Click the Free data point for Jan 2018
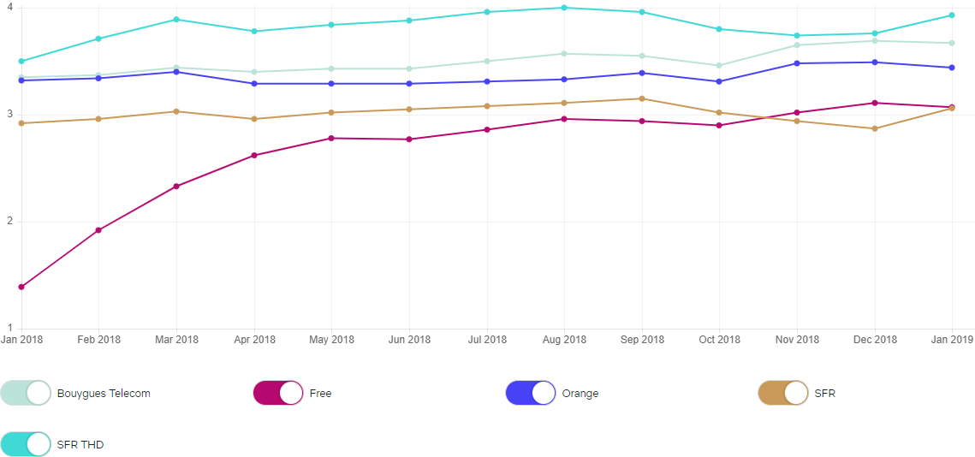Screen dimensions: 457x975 pyautogui.click(x=21, y=287)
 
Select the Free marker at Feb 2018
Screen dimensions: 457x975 pyautogui.click(x=98, y=230)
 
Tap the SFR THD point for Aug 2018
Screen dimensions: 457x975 pyautogui.click(x=563, y=8)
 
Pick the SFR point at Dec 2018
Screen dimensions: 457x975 pyautogui.click(x=874, y=128)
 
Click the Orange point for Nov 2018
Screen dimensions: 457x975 pyautogui.click(x=797, y=63)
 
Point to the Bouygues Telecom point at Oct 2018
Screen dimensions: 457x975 pyautogui.click(x=719, y=65)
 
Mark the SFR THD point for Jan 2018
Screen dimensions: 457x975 pyautogui.click(x=21, y=62)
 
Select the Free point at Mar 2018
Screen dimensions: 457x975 pyautogui.click(x=176, y=186)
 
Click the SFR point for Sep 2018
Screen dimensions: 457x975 pyautogui.click(x=641, y=98)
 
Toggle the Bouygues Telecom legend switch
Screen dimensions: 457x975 pyautogui.click(x=26, y=393)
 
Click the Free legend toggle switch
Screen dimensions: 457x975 pyautogui.click(x=278, y=393)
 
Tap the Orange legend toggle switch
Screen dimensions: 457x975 pyautogui.click(x=531, y=393)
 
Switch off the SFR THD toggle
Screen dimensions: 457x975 pyautogui.click(x=26, y=444)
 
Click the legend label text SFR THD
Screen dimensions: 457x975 pyautogui.click(x=80, y=444)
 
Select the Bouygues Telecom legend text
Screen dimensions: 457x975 pyautogui.click(x=104, y=394)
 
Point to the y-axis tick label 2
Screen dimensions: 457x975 pyautogui.click(x=9, y=222)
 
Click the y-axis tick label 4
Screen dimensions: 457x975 pyautogui.click(x=9, y=8)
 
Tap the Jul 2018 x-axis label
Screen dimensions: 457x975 pyautogui.click(x=486, y=340)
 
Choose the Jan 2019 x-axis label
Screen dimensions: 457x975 pyautogui.click(x=951, y=340)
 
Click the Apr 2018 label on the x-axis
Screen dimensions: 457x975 pyautogui.click(x=253, y=340)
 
